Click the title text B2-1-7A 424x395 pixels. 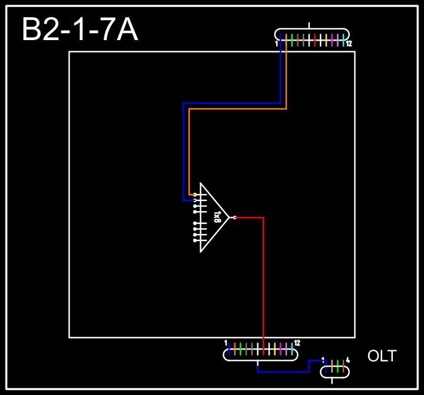(x=80, y=30)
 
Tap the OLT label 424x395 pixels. (x=382, y=356)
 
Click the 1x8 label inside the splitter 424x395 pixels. (x=217, y=217)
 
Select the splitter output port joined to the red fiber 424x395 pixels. (x=234, y=218)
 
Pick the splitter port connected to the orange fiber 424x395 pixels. (x=195, y=195)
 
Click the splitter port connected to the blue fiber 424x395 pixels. (x=195, y=200)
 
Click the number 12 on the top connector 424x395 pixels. (x=349, y=44)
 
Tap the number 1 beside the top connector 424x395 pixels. (x=276, y=44)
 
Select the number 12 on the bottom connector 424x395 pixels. (x=297, y=343)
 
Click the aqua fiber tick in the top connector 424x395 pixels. (x=343, y=40)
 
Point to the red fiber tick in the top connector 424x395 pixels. (x=315, y=40)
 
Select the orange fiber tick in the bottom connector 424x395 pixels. (x=235, y=348)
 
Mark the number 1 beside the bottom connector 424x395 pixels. (x=226, y=343)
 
